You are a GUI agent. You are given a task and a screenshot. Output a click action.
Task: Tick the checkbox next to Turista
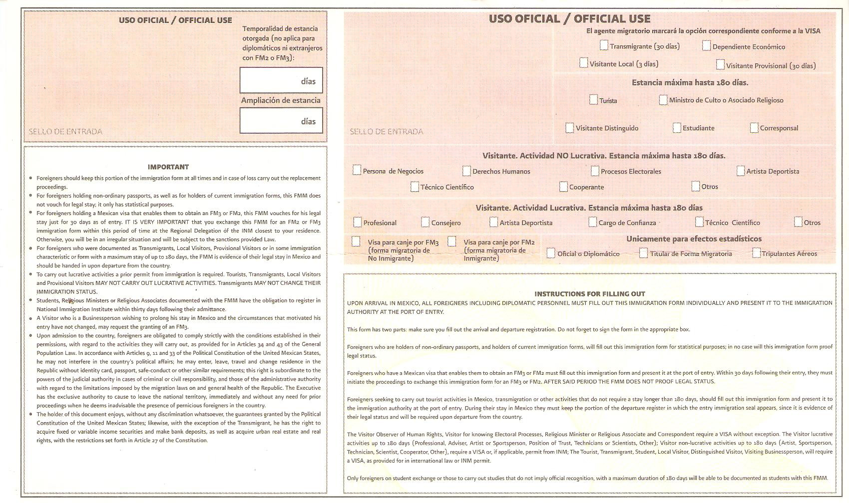(x=593, y=100)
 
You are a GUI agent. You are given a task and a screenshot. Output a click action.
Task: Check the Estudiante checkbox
(x=677, y=128)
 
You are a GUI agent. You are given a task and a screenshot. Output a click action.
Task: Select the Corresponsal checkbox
(x=754, y=128)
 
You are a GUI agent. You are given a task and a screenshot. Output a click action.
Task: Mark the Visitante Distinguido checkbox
(x=569, y=128)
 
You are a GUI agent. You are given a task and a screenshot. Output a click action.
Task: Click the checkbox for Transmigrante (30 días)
(x=604, y=45)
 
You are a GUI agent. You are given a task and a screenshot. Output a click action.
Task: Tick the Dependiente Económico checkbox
(x=706, y=46)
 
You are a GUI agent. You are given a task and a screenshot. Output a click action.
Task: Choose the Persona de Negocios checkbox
(x=357, y=170)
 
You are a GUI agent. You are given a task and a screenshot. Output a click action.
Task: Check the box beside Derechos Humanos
(x=466, y=171)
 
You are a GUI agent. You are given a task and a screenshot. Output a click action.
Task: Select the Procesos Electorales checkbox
(x=595, y=171)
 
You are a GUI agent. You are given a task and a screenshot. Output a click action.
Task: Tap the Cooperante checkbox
(x=563, y=187)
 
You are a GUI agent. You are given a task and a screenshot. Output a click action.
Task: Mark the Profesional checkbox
(x=357, y=222)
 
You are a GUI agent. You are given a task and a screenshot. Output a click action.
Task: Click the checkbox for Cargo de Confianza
(x=592, y=222)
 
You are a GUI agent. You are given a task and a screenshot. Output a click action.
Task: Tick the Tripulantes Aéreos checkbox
(x=757, y=253)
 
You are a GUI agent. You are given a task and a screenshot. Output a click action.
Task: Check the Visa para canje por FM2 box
(x=451, y=242)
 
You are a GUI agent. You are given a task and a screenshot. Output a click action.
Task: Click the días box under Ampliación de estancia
(x=281, y=121)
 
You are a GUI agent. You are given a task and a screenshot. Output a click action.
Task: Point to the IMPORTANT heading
(x=168, y=167)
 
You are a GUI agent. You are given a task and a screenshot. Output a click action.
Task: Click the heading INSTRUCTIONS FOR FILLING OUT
(x=590, y=294)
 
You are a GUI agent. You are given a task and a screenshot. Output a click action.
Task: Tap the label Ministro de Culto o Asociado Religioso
(x=726, y=100)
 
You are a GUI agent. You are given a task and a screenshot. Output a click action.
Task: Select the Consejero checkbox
(x=425, y=222)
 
